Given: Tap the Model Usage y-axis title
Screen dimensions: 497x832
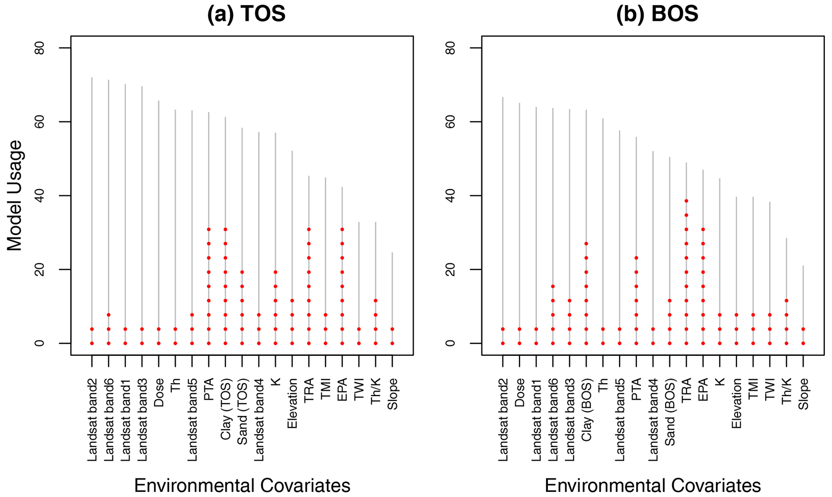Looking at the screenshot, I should [x=14, y=195].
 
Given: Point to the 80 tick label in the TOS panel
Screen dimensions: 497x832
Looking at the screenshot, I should [x=39, y=48].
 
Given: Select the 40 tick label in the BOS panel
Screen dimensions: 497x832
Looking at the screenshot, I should [x=450, y=196].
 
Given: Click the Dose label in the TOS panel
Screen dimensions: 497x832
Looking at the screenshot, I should [x=159, y=392].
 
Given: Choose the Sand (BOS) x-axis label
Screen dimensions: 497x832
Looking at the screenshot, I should [x=670, y=412].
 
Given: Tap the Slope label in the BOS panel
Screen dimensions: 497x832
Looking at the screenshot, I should [x=803, y=394].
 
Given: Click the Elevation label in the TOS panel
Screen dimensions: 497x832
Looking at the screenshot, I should [x=292, y=403].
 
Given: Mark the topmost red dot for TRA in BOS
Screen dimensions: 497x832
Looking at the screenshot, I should [x=686, y=201].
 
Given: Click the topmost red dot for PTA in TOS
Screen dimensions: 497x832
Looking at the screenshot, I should [x=209, y=230].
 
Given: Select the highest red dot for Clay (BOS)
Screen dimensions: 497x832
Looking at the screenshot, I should [x=586, y=244].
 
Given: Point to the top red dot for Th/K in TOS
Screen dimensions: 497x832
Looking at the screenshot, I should [x=376, y=301].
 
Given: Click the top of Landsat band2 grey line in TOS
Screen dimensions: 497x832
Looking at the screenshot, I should [x=92, y=78].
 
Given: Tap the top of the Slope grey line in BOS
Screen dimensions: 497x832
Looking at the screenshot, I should [x=803, y=266].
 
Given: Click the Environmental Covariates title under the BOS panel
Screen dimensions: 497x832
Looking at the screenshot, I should [x=652, y=485].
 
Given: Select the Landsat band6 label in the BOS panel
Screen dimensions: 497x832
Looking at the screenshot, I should [x=553, y=419].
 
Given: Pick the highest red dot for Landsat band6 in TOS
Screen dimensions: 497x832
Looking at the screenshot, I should [x=109, y=315].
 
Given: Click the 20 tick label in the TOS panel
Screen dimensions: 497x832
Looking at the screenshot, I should [x=39, y=270].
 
